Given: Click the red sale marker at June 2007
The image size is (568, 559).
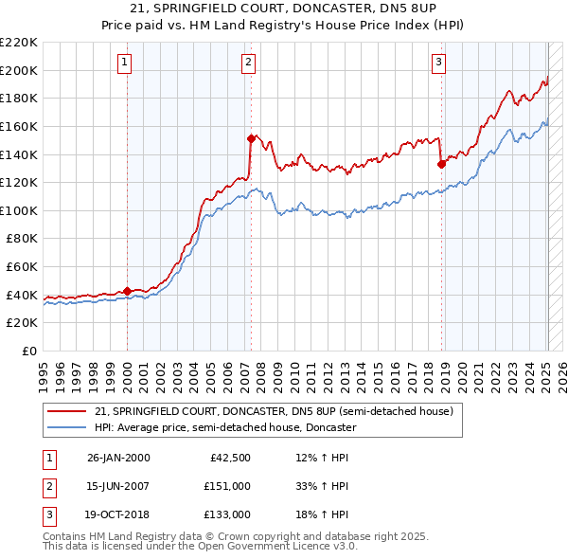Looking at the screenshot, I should (251, 138).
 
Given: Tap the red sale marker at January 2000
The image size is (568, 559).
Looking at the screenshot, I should (127, 291).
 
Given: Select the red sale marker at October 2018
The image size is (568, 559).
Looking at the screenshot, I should (441, 164).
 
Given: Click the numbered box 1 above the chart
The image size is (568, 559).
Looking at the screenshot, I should (125, 63).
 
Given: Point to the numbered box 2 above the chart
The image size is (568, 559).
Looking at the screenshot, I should (248, 63).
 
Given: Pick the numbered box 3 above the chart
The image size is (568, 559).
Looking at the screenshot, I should (439, 63).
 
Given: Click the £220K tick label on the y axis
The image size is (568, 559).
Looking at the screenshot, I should (19, 43).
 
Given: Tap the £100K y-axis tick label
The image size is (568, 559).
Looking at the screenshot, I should (19, 210).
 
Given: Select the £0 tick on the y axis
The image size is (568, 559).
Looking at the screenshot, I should (30, 351).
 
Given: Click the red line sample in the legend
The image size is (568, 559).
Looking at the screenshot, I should (68, 412).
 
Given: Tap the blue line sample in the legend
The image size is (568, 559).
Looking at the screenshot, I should (68, 427).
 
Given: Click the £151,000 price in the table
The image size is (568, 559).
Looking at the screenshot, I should (228, 485).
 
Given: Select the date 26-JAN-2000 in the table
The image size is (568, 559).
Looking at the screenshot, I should (118, 458).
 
